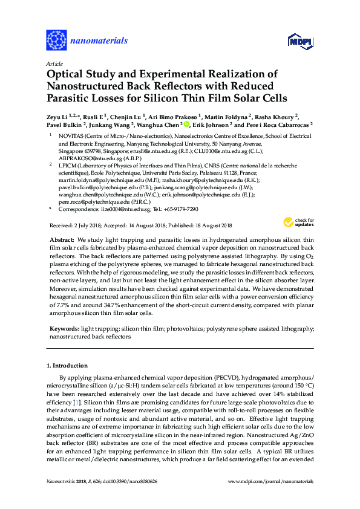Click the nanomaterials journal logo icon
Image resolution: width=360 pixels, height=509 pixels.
[57, 41]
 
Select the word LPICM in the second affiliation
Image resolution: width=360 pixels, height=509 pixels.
[67, 164]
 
